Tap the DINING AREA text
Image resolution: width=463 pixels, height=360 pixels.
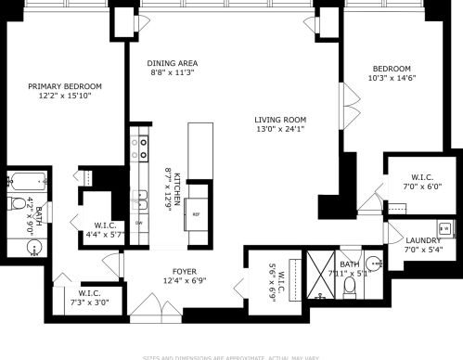click(174, 64)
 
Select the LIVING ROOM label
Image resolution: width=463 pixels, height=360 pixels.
click(280, 120)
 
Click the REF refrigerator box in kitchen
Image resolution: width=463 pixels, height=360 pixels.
click(196, 213)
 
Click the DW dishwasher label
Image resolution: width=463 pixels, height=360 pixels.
click(139, 224)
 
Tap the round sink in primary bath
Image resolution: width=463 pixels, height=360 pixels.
click(33, 248)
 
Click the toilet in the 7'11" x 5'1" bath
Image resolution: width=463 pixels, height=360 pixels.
click(349, 286)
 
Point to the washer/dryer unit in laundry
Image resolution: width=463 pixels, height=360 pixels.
click(444, 227)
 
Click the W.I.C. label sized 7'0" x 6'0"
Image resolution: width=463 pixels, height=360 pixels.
click(415, 176)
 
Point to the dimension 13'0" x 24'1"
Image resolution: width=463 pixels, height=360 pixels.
click(280, 130)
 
